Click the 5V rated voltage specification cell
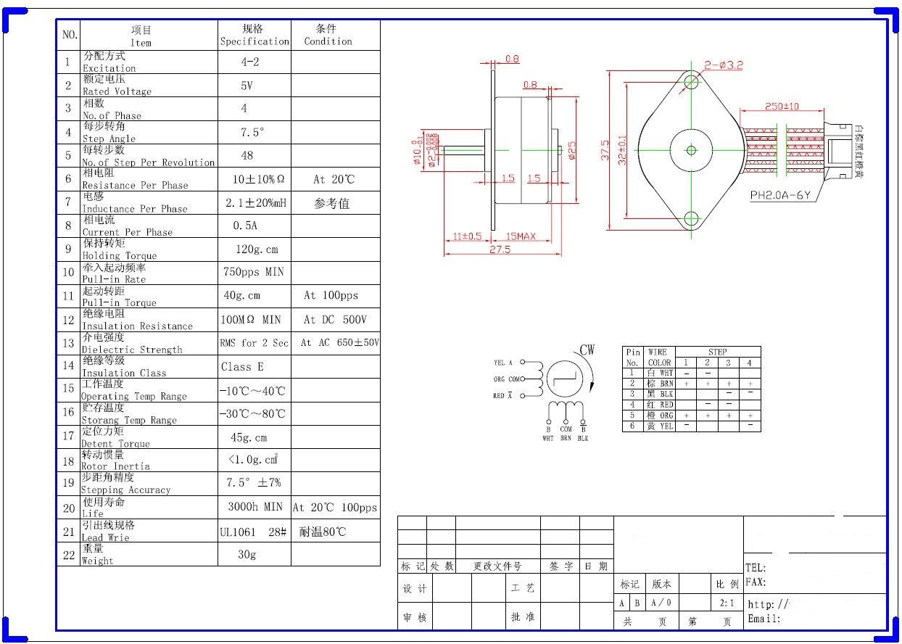click(x=247, y=86)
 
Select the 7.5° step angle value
click(x=252, y=133)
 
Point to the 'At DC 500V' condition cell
click(x=335, y=320)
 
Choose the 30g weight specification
click(x=247, y=555)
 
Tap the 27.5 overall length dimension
click(x=500, y=249)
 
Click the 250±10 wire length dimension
click(x=782, y=107)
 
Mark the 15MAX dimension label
click(x=521, y=236)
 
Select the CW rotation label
click(x=587, y=350)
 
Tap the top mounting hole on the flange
click(x=691, y=82)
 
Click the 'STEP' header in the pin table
click(x=717, y=352)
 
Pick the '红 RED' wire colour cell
click(x=660, y=405)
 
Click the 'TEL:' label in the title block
click(x=756, y=569)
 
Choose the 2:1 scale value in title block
click(x=728, y=603)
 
